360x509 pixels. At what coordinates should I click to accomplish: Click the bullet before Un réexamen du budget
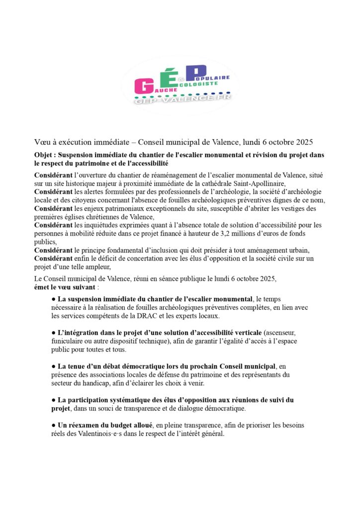[53, 425]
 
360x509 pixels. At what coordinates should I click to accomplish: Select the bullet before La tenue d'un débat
[53, 367]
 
